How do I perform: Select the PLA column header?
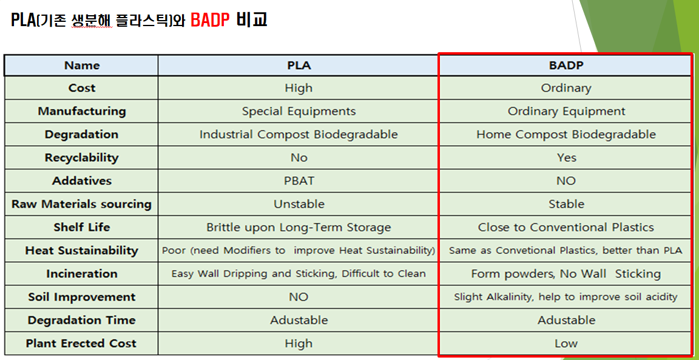click(x=299, y=66)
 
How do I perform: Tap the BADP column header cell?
click(x=566, y=66)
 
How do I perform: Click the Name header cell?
click(x=82, y=66)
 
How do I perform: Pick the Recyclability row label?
click(x=82, y=157)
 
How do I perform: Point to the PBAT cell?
click(x=299, y=181)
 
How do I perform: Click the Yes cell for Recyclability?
click(x=566, y=157)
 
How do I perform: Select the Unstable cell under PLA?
click(x=299, y=204)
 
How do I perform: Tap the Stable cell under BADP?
click(x=566, y=204)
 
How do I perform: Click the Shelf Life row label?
click(x=82, y=227)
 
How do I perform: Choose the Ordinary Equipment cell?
click(x=566, y=111)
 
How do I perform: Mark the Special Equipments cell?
click(x=299, y=111)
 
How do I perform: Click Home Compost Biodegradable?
click(x=566, y=134)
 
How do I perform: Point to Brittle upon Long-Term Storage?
click(x=299, y=227)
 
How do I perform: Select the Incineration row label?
click(x=82, y=273)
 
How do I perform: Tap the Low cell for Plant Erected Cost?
click(x=566, y=343)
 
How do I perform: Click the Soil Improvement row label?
click(x=82, y=297)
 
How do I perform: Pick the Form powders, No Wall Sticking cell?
click(x=566, y=273)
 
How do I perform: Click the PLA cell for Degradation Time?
click(x=299, y=320)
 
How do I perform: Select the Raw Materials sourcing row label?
click(x=82, y=204)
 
